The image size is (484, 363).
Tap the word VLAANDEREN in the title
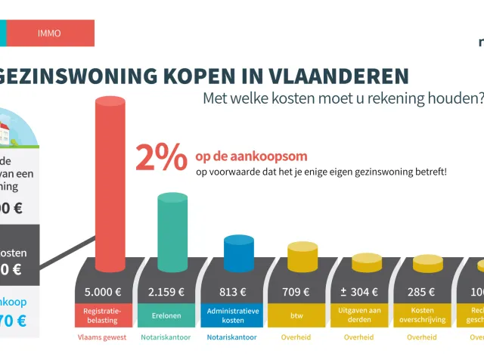tap(340, 76)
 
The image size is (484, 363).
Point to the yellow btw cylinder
tap(296, 258)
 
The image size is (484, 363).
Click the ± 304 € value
tap(358, 292)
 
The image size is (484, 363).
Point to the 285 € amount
tap(421, 292)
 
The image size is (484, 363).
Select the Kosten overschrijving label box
tap(421, 315)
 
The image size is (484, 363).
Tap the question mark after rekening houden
tap(479, 98)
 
